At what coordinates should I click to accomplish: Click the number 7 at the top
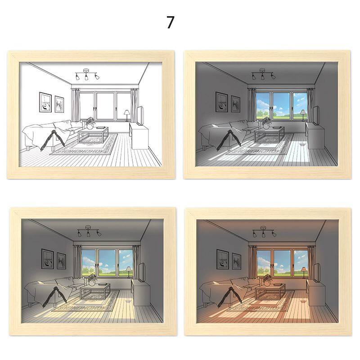170,22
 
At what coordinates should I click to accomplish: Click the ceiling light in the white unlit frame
87,74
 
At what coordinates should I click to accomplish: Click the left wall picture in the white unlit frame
45,102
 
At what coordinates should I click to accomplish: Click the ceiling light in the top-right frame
263,74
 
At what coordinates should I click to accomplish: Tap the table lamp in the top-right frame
303,115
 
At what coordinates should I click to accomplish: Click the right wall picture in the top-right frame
235,104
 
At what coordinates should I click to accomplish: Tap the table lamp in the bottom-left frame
128,273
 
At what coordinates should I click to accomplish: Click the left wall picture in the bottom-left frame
47,259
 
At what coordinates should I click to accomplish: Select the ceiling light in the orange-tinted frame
264,232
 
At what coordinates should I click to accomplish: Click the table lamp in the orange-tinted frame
303,273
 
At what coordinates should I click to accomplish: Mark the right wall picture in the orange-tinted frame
236,261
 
